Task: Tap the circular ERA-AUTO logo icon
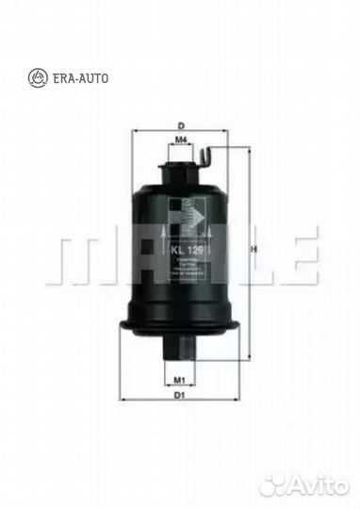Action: [38, 76]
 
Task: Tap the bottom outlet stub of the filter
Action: [181, 346]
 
